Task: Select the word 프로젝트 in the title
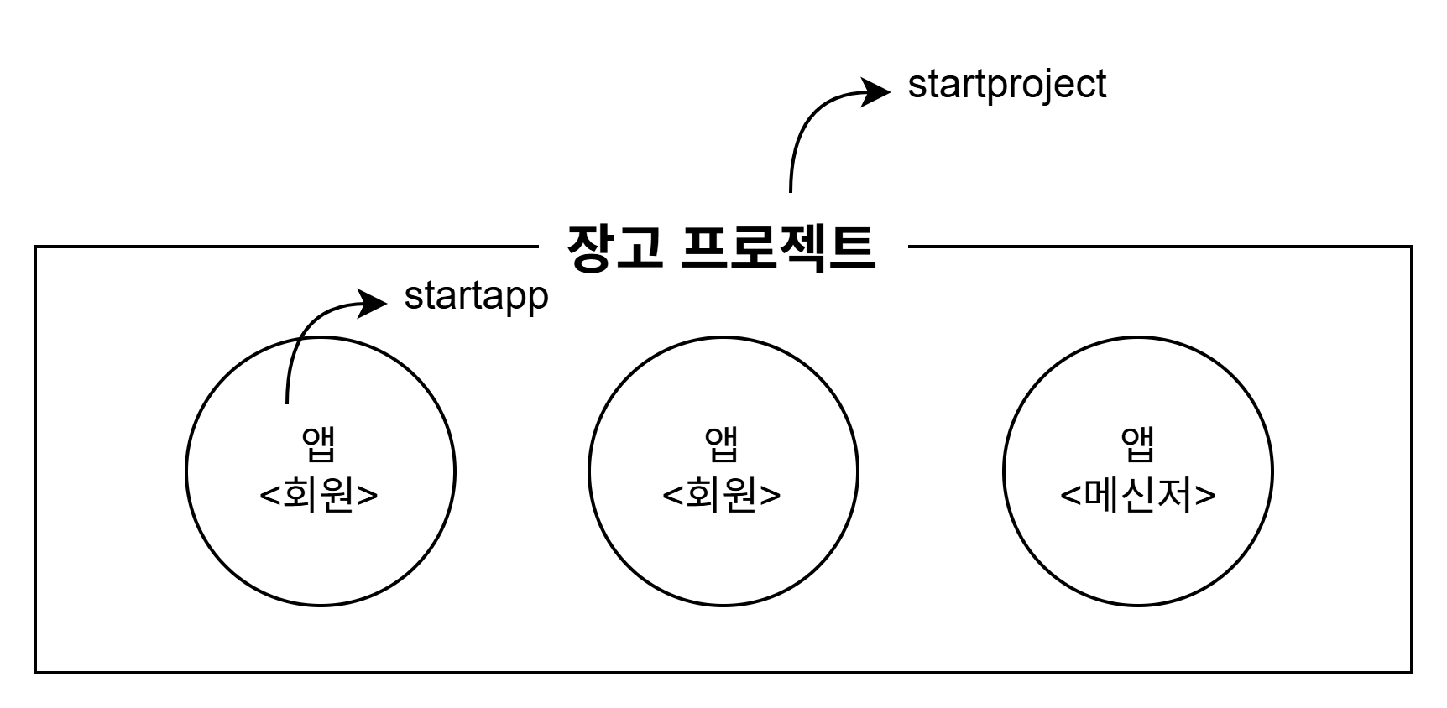pyautogui.click(x=778, y=248)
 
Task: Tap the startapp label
pyautogui.click(x=476, y=297)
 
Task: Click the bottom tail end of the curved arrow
pyautogui.click(x=287, y=401)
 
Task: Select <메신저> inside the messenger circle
pyautogui.click(x=1137, y=495)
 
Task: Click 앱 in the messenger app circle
pyautogui.click(x=1137, y=444)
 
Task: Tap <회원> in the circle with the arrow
pyautogui.click(x=320, y=495)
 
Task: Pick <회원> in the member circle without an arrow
pyautogui.click(x=722, y=495)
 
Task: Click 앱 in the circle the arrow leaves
pyautogui.click(x=320, y=444)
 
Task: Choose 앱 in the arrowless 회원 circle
pyautogui.click(x=722, y=444)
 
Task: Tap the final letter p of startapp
pyautogui.click(x=538, y=300)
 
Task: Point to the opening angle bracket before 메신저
pyautogui.click(x=1071, y=496)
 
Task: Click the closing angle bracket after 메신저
pyautogui.click(x=1205, y=496)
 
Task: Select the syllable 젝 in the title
pyautogui.click(x=807, y=248)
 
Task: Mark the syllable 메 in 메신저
pyautogui.click(x=1103, y=495)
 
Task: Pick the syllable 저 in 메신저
pyautogui.click(x=1173, y=495)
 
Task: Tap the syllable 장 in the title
pyautogui.click(x=590, y=248)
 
